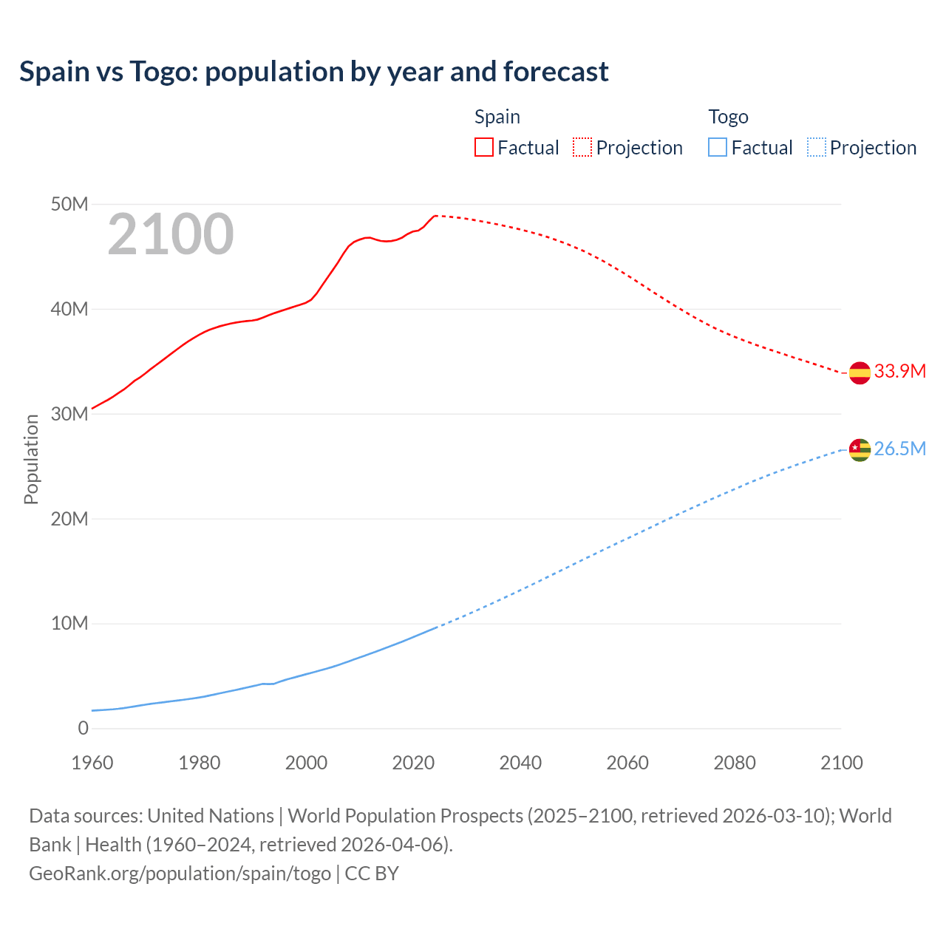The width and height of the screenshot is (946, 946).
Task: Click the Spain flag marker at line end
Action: (x=860, y=373)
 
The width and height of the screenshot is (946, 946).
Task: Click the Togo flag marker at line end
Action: (x=860, y=449)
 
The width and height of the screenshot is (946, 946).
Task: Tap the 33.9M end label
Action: (x=899, y=371)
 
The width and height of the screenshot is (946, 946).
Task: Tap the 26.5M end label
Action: (x=899, y=449)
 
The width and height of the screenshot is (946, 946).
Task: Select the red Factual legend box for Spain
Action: (x=483, y=147)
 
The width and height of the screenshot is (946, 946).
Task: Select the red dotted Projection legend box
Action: (x=582, y=147)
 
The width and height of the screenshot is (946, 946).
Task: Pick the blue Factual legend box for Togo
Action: (x=717, y=147)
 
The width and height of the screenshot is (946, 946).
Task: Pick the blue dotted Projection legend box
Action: (x=816, y=147)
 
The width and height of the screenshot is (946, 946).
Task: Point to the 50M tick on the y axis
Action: (x=69, y=204)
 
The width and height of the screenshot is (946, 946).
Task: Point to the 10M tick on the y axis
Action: (x=69, y=623)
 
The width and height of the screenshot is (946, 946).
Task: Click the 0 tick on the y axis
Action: (x=83, y=728)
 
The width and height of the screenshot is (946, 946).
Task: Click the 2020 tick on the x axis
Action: (x=413, y=763)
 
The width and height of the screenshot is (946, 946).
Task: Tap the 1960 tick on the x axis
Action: (x=92, y=763)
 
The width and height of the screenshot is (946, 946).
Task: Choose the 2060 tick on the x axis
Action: (x=627, y=763)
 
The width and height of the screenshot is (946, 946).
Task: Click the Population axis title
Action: (x=31, y=459)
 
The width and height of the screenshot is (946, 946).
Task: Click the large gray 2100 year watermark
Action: (x=171, y=234)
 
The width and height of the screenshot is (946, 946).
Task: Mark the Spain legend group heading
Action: (x=497, y=117)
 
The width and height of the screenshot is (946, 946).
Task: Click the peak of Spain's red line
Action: (x=435, y=216)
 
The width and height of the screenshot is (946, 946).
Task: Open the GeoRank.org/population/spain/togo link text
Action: (x=180, y=873)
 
